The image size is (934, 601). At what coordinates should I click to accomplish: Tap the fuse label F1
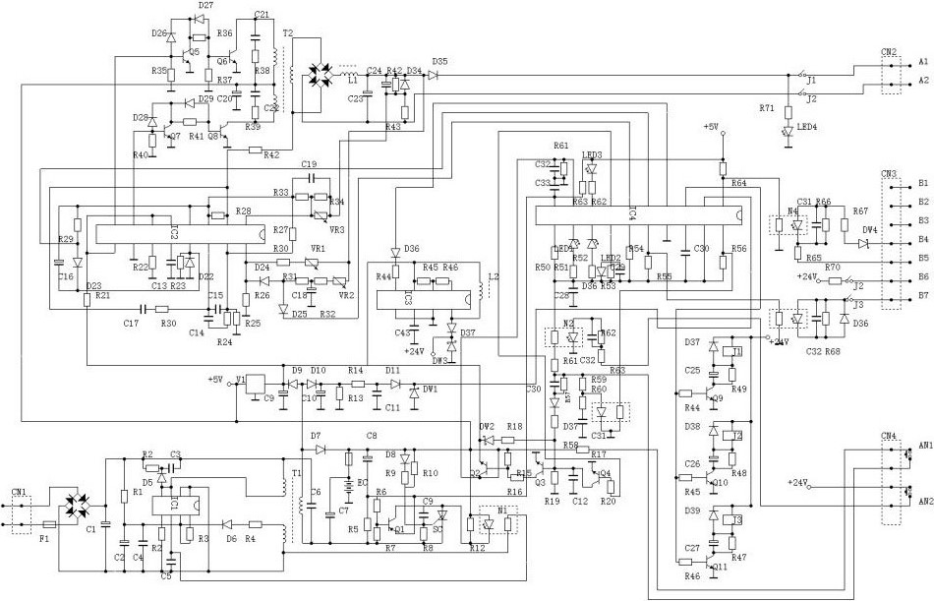pos(44,539)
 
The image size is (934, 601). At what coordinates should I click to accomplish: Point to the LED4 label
pos(807,129)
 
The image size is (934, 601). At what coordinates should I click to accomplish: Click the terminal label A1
pos(923,61)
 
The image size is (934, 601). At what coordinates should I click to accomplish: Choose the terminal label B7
pos(923,295)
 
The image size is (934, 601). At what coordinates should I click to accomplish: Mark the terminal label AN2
pos(925,501)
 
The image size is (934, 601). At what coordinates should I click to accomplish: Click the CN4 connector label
pos(889,436)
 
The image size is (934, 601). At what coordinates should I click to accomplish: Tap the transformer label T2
pos(287,32)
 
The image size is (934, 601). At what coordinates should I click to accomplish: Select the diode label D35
pos(438,62)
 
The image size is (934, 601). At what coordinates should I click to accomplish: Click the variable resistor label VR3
pos(337,229)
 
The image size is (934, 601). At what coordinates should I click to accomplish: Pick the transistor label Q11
pos(723,568)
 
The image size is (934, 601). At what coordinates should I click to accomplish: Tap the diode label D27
pos(204,6)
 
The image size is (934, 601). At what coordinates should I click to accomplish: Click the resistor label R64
pos(737,183)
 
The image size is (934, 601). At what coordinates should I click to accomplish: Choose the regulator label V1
pos(240,377)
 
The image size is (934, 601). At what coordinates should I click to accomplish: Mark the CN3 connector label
pos(890,173)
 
